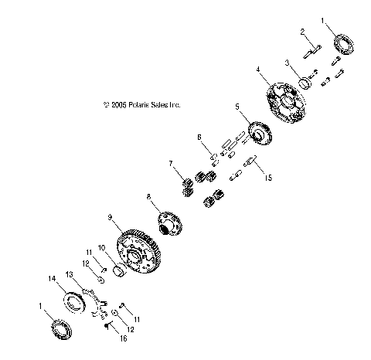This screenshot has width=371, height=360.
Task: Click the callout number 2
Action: pyautogui.click(x=304, y=32)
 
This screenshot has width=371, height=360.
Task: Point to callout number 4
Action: pyautogui.click(x=258, y=70)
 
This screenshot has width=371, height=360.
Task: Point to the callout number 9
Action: pyautogui.click(x=111, y=218)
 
